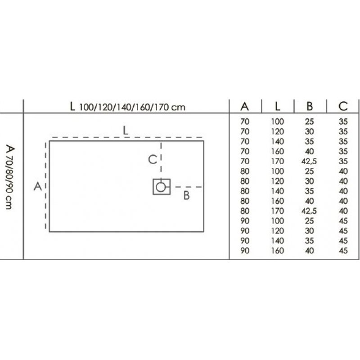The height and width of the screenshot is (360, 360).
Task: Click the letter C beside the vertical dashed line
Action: coord(153,159)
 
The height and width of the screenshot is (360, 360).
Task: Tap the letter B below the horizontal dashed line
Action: coord(187,196)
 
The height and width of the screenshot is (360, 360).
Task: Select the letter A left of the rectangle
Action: coord(38,186)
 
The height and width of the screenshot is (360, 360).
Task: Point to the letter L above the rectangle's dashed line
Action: coord(126,130)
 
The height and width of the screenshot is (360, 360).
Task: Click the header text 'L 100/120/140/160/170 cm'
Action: coord(128,107)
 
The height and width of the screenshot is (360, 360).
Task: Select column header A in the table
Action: coord(244,106)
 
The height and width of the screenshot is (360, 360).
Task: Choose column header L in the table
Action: coord(278,106)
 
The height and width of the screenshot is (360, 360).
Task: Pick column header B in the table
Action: coord(310,106)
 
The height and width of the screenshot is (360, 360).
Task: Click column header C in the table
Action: coord(343,106)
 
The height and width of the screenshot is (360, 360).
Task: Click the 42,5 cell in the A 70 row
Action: coord(309,162)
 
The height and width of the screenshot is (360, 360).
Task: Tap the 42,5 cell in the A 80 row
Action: coord(309,211)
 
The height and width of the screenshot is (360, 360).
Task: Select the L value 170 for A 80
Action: coord(278,211)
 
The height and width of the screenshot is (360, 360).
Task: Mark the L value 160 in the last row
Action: coord(278,251)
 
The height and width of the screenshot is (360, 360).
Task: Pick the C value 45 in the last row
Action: coord(343,251)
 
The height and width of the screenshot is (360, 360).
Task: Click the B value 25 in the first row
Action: coord(310,121)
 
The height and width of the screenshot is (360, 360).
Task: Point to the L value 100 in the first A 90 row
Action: coord(278,221)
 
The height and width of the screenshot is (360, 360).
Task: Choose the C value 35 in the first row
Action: coord(343,121)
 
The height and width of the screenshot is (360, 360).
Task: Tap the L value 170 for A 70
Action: coord(278,162)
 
